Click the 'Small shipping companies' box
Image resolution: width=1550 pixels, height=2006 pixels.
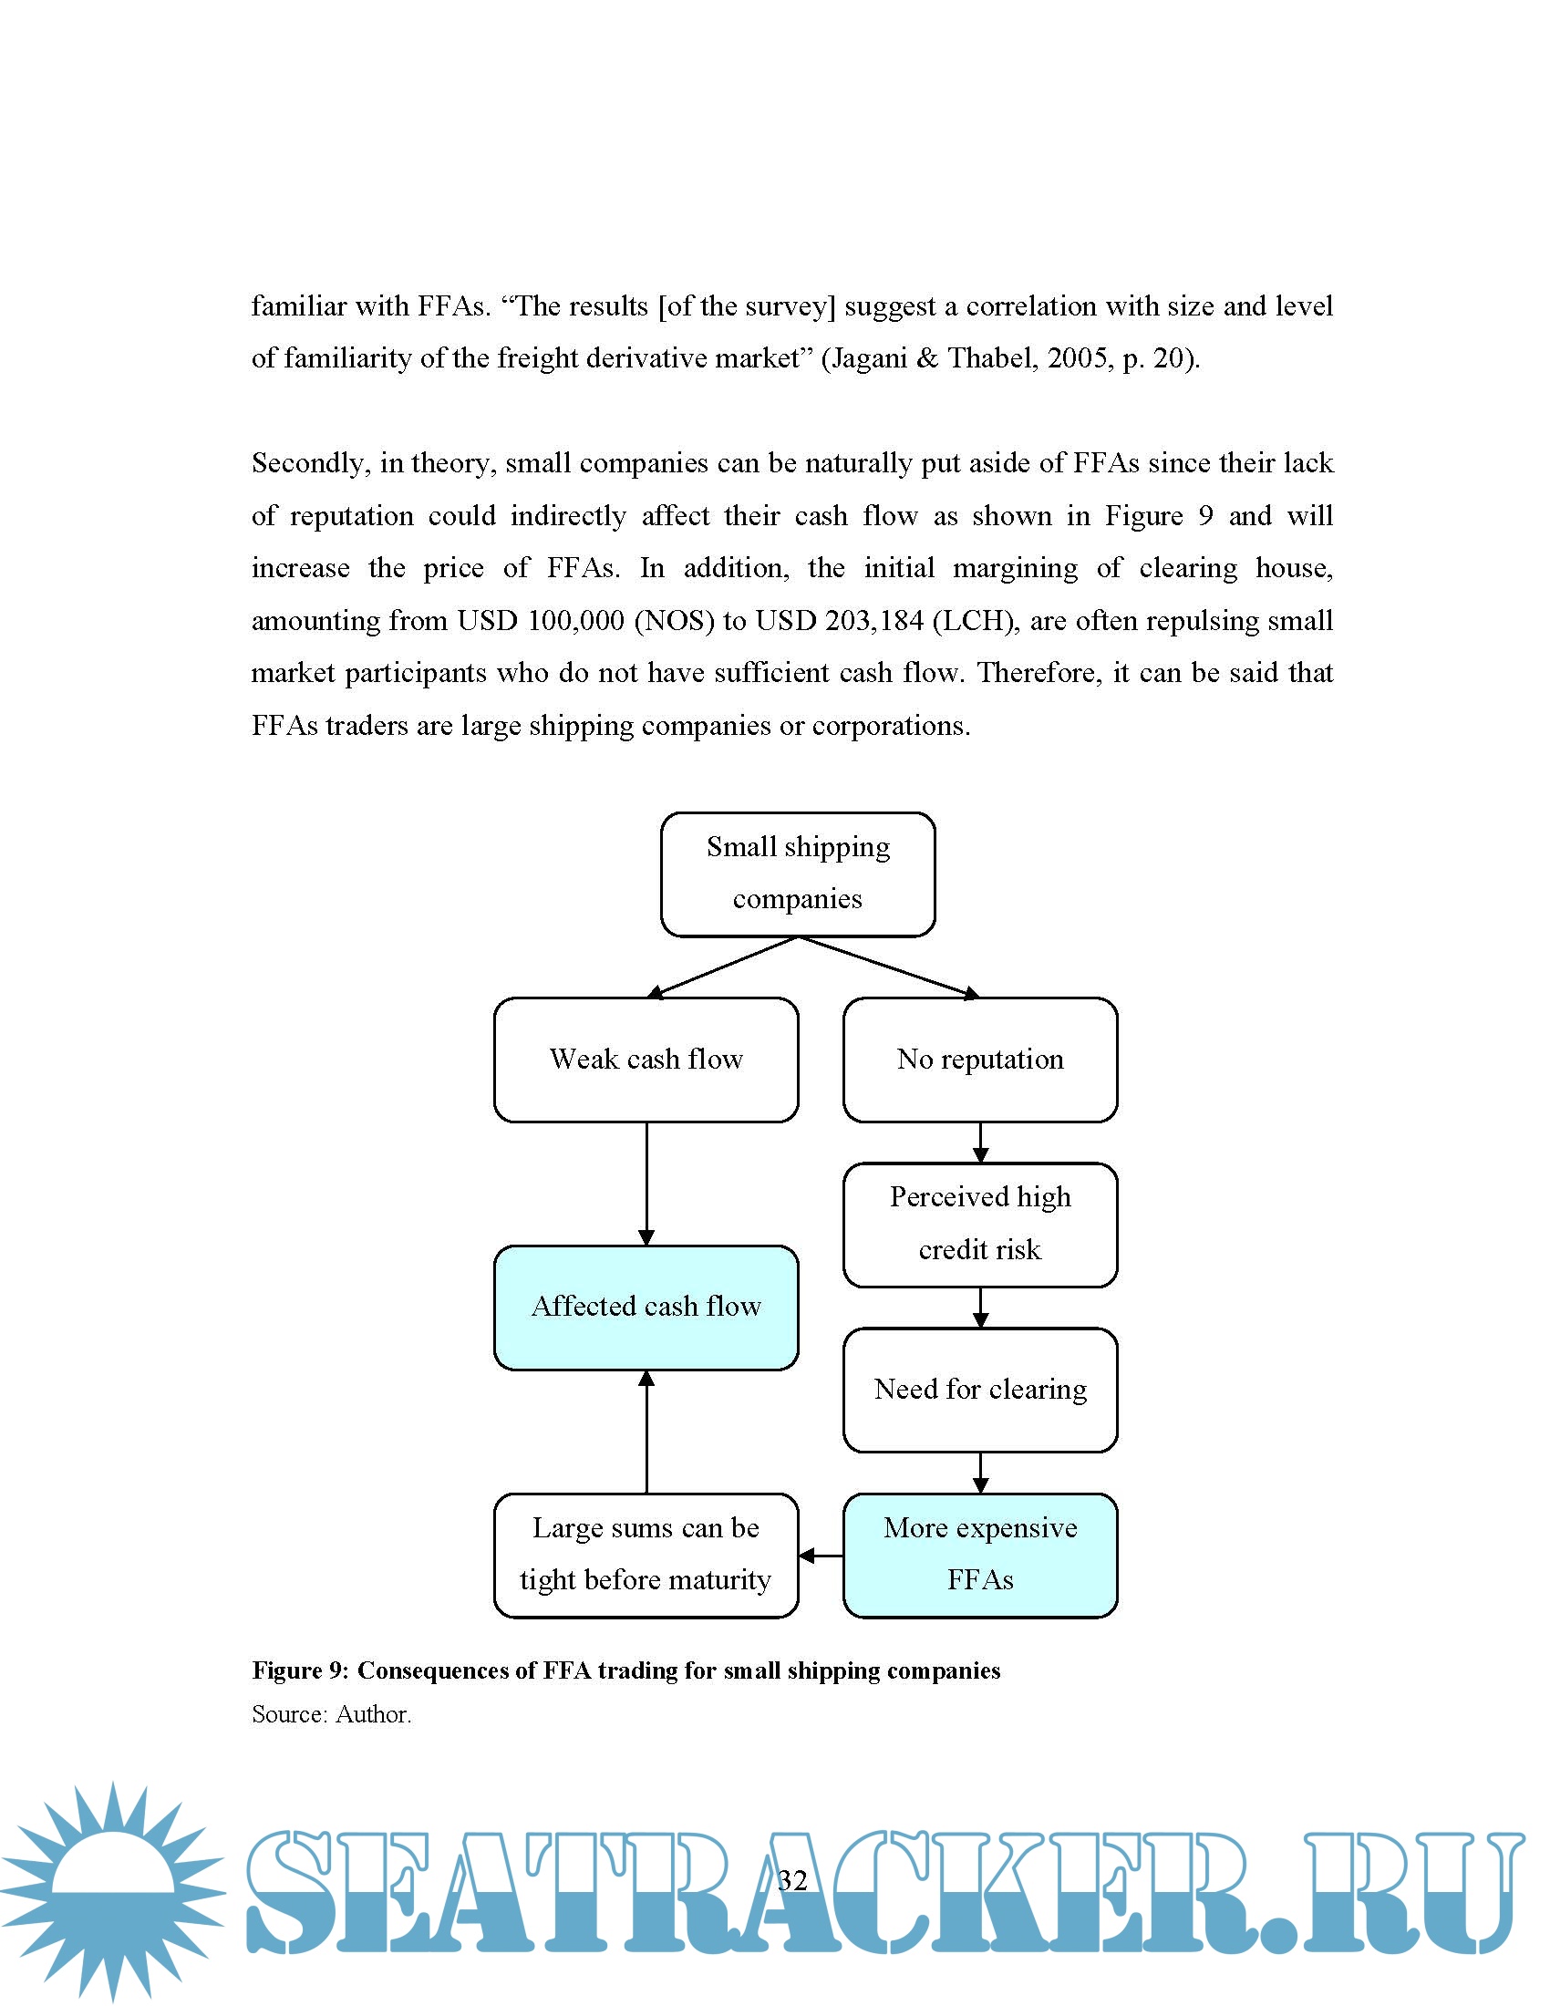(x=797, y=874)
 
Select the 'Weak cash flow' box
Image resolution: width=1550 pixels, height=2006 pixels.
(x=646, y=1059)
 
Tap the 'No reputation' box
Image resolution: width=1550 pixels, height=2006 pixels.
(x=980, y=1059)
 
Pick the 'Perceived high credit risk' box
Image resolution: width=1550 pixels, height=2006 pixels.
(x=980, y=1224)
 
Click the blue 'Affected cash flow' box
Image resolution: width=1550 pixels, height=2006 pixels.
(x=646, y=1306)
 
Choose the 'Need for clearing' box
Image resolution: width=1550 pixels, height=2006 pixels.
(x=980, y=1389)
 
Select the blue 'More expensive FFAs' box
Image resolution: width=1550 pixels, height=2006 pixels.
(x=980, y=1554)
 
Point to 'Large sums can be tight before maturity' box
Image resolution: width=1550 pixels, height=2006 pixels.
(x=646, y=1554)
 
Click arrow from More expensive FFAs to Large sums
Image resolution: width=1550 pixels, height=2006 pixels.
(x=820, y=1555)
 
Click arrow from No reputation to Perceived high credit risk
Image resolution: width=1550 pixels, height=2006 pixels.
(x=980, y=1142)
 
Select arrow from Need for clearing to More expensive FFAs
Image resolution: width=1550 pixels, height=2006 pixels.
(x=980, y=1472)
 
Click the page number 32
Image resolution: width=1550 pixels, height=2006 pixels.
(x=791, y=1880)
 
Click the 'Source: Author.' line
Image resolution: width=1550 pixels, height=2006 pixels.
(x=332, y=1714)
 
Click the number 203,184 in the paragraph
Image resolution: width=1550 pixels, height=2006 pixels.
(x=873, y=621)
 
